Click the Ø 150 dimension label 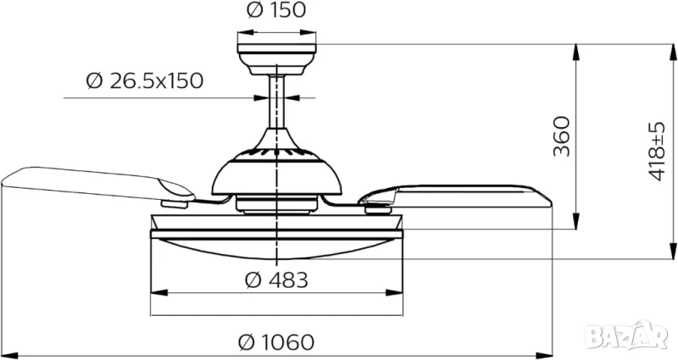click(276, 10)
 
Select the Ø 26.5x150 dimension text click(145, 80)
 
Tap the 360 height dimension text click(563, 136)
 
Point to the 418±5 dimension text click(658, 152)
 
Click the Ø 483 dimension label click(277, 280)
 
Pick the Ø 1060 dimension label click(276, 342)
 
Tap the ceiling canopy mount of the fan click(277, 58)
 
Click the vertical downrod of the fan click(277, 102)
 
